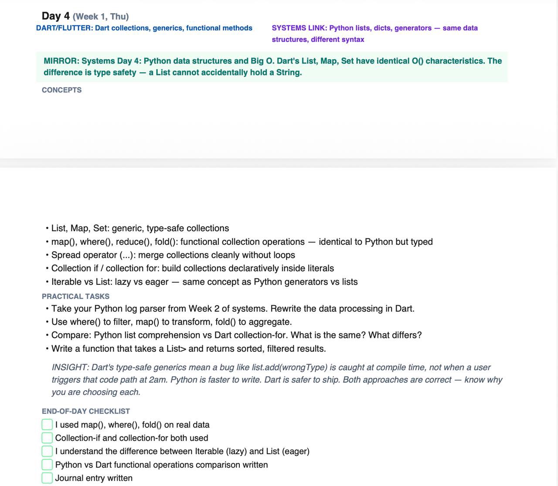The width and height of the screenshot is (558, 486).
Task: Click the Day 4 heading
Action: pyautogui.click(x=55, y=16)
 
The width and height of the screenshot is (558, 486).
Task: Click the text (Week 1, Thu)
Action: pyautogui.click(x=101, y=17)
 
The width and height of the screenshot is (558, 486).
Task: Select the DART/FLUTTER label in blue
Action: pyautogui.click(x=64, y=28)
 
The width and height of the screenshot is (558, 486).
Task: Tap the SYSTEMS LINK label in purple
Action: pyautogui.click(x=299, y=28)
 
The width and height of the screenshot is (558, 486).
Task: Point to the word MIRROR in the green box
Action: pyautogui.click(x=61, y=61)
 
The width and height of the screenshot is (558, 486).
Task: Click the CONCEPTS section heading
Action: pyautogui.click(x=61, y=90)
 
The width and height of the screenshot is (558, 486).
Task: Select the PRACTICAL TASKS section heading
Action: pyautogui.click(x=75, y=297)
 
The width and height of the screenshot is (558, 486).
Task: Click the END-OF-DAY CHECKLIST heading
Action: pyautogui.click(x=85, y=412)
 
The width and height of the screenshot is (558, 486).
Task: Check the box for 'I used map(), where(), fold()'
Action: pyautogui.click(x=47, y=425)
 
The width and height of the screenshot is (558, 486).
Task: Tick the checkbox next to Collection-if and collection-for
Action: pyautogui.click(x=47, y=438)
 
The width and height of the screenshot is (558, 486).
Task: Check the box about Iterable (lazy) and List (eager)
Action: pyautogui.click(x=47, y=451)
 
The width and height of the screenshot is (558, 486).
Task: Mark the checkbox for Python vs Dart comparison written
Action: pyautogui.click(x=47, y=465)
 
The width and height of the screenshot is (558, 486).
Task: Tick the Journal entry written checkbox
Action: pyautogui.click(x=47, y=478)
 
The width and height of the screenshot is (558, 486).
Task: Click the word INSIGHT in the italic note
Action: pyautogui.click(x=70, y=368)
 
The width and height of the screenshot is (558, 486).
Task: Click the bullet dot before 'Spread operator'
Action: pyautogui.click(x=47, y=255)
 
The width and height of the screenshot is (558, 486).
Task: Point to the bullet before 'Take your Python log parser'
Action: pyautogui.click(x=47, y=309)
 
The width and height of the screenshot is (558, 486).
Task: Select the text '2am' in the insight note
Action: pyautogui.click(x=157, y=380)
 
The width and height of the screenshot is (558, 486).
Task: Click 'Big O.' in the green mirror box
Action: pyautogui.click(x=262, y=61)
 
